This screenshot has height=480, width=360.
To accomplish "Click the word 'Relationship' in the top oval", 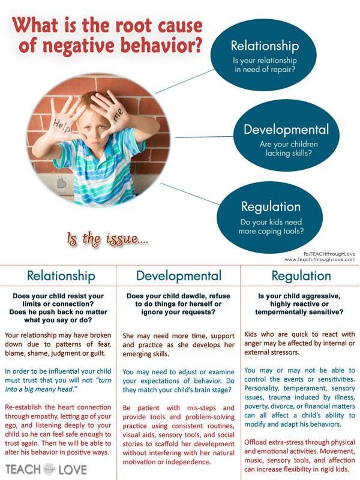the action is pos(265,46).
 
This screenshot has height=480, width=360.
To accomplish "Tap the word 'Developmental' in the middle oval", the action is pos(286,130).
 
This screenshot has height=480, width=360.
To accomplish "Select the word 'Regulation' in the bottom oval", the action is pos(271,207).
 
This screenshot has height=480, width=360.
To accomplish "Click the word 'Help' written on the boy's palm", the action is pos(62,126).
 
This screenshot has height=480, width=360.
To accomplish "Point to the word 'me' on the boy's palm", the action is pos(119,115).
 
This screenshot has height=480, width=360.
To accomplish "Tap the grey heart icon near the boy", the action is pos(62,183).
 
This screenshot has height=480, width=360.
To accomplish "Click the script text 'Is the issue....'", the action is pos(108,239).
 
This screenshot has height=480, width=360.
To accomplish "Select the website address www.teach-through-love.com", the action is pos(320,260).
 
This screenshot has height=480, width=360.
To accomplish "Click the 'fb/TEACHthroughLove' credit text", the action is pos(329,254).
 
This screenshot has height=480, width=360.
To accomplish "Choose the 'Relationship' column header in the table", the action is pos(61,275).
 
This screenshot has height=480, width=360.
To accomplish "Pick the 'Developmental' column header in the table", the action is pos(179,275).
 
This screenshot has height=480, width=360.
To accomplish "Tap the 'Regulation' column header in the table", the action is pos(301,276).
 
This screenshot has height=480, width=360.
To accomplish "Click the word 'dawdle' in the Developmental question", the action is pos(191,296).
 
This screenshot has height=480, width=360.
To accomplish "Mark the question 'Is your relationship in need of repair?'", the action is pos(265,65).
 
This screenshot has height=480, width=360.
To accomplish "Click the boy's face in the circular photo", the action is pos(94,128).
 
